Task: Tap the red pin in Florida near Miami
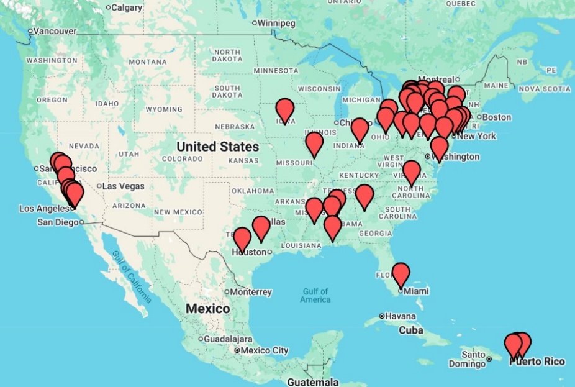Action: (401, 273)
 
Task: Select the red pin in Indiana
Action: (360, 130)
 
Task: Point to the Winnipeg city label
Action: (276, 23)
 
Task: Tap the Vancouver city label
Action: (54, 31)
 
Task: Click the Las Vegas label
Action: (123, 186)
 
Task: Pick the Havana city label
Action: (400, 316)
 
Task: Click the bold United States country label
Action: (217, 147)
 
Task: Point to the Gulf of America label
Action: (315, 295)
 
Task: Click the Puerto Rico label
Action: (537, 362)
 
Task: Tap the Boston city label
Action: (496, 117)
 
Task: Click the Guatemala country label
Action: (312, 381)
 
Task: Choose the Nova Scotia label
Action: (545, 89)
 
